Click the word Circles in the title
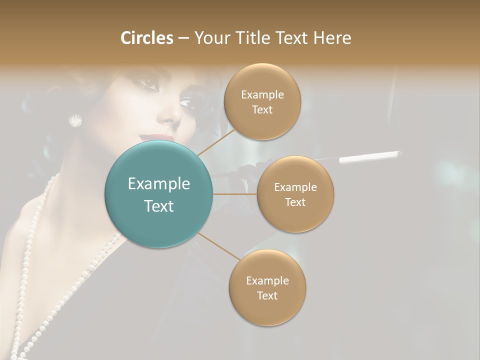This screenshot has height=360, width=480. point(146,38)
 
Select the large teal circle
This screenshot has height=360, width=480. point(158,194)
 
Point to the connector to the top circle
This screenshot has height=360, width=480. point(216,141)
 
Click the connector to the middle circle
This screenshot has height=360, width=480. point(235,194)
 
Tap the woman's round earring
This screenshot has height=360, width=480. point(75,120)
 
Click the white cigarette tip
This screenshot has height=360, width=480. point(370,157)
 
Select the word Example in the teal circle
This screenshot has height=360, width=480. point(158,184)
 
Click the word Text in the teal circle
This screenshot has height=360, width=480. point(158,206)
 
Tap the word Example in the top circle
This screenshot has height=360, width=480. point(262,95)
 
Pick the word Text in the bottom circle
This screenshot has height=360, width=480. point(267,296)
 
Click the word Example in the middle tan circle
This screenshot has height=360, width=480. point(295,187)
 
